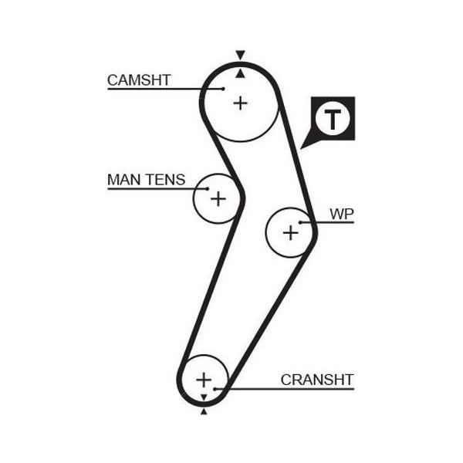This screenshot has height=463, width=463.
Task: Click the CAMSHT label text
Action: click(x=139, y=80)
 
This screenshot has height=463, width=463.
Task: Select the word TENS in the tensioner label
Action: click(x=166, y=180)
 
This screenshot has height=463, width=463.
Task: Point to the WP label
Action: click(x=342, y=214)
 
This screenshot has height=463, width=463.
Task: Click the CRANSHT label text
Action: click(x=317, y=380)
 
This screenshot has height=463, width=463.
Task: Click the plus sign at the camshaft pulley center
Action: click(x=240, y=103)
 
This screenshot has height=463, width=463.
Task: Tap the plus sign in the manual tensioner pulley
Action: click(x=218, y=198)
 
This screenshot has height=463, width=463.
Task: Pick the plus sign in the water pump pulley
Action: click(x=291, y=232)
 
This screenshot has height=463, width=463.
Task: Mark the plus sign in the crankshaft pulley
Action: click(x=204, y=380)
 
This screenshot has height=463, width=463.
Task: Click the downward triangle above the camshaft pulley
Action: click(x=240, y=55)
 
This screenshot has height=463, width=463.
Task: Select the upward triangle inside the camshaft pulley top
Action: click(x=240, y=74)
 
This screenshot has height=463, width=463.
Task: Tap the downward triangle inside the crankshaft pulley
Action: click(x=204, y=397)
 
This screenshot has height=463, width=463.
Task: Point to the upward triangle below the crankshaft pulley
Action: click(x=204, y=411)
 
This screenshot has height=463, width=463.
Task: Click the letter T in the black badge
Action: click(x=333, y=119)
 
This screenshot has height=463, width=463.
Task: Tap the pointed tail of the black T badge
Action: click(x=301, y=148)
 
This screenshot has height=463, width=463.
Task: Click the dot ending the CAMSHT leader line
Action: click(x=224, y=89)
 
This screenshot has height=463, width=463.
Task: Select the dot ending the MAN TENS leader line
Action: click(x=208, y=189)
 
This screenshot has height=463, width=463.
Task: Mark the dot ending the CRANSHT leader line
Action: click(x=215, y=389)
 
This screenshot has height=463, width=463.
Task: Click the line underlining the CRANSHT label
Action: click(x=285, y=389)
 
